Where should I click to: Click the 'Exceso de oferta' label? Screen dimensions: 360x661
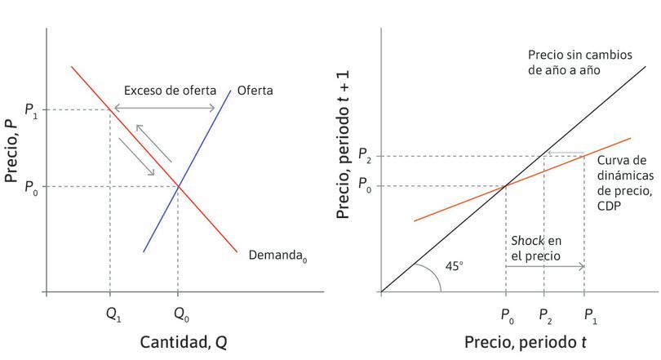click(x=166, y=90)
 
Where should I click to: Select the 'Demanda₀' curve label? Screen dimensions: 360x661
click(x=278, y=255)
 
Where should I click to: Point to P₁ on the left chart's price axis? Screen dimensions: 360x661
click(x=30, y=110)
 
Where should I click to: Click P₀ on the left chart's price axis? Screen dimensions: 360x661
click(x=30, y=187)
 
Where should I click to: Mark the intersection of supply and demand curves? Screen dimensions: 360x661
click(x=178, y=187)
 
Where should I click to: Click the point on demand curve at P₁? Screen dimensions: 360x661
click(x=110, y=109)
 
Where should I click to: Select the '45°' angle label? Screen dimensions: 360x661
click(x=455, y=266)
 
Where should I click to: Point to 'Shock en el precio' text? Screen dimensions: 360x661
click(x=536, y=247)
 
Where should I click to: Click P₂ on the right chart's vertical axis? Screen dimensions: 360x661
click(x=364, y=156)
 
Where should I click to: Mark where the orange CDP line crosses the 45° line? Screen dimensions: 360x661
click(x=506, y=186)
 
